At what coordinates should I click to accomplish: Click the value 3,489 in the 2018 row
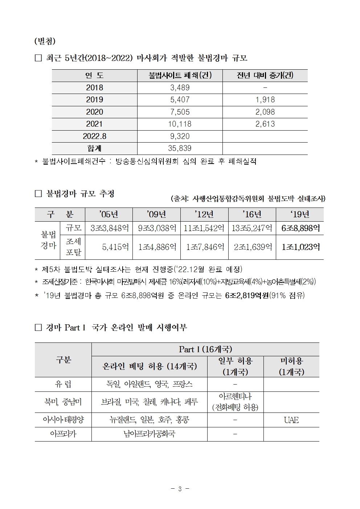pos(180,88)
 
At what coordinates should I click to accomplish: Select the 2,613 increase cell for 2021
pos(265,124)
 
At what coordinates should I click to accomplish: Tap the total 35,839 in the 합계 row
pos(180,148)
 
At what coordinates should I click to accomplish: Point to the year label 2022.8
pos(94,136)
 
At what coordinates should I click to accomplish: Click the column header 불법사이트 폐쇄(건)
pos(180,75)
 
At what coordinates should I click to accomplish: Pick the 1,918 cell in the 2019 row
pos(265,100)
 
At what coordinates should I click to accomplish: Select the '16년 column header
pos(252,214)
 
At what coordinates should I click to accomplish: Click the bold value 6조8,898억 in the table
pos(300,228)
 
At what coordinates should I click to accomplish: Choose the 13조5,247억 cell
pos(252,228)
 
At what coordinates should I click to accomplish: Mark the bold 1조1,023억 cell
pos(300,247)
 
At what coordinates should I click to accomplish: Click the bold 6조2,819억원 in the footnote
pos(247,295)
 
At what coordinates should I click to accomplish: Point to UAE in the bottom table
pos(291,420)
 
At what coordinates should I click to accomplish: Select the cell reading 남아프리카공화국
pos(149,434)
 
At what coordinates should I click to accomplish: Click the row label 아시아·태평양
pos(63,420)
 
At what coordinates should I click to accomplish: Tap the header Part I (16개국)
pos(205,349)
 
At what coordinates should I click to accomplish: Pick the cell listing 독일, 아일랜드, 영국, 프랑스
pos(149,384)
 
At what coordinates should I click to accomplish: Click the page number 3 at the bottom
pos(180,489)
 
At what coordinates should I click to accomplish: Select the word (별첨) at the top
pos(45,41)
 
